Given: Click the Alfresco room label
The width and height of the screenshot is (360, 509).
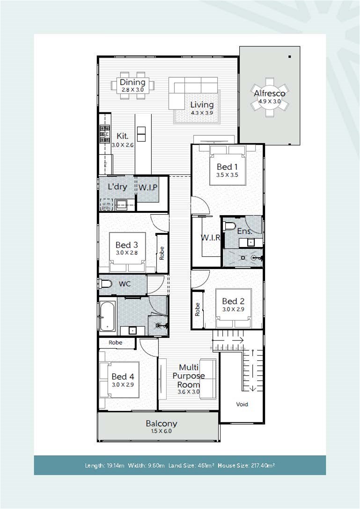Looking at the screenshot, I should click(269, 93).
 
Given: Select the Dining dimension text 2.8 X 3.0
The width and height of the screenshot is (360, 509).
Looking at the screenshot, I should click(132, 89).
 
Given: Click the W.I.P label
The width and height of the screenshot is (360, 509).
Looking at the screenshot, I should click(148, 187).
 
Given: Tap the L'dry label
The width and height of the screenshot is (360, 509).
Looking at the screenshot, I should click(117, 187).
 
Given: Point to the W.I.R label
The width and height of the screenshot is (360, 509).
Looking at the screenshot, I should click(210, 238).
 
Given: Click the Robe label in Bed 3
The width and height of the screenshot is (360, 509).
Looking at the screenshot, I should click(162, 253).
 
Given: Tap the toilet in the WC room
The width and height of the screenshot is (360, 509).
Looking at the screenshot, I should click(104, 284).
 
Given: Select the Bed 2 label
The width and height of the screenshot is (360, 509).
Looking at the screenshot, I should click(233, 301).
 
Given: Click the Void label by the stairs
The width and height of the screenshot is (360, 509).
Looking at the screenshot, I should click(242, 404).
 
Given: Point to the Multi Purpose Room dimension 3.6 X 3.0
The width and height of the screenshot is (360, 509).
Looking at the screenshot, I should click(189, 392).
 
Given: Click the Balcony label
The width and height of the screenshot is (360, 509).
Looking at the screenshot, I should click(162, 424).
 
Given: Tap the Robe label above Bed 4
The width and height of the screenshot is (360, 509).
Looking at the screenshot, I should click(116, 342).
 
